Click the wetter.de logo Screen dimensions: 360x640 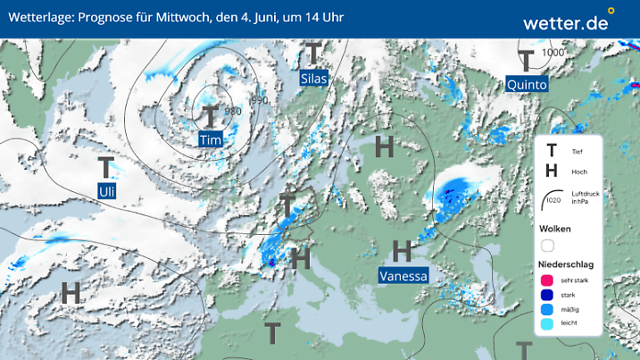coord(567,21)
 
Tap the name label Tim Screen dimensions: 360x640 coord(210,140)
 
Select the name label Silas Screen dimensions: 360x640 coord(313,79)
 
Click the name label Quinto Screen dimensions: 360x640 coord(527,84)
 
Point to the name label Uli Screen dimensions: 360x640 coord(107,190)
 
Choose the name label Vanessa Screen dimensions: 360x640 coord(403,275)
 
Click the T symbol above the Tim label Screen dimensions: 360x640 coord(210,116)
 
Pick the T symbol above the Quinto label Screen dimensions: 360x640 coord(527,60)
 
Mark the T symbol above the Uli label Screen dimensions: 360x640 coord(107,167)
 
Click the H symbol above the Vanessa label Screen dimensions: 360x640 coord(403,251)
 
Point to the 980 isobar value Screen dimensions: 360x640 coord(233,112)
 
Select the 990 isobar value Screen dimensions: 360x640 coord(260,99)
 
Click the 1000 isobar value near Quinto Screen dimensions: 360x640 coord(553,53)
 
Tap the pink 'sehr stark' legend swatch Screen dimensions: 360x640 coord(548,280)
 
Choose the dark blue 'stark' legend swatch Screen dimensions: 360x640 coord(548,295)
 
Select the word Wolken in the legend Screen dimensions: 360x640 coord(554,228)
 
